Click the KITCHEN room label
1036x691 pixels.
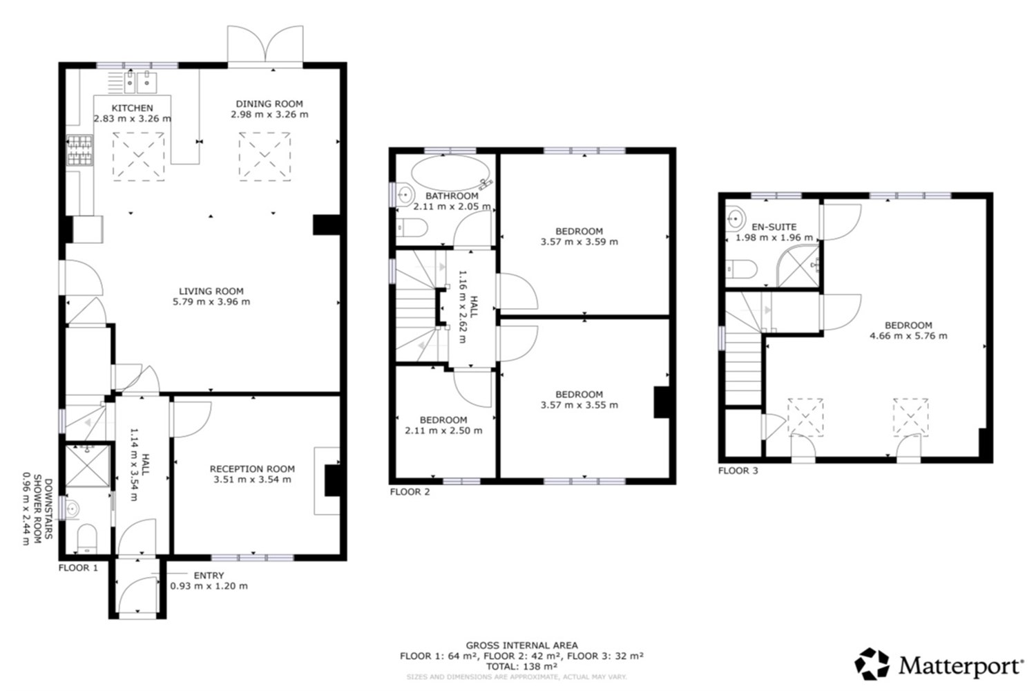pyautogui.click(x=133, y=108)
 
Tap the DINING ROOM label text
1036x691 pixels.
pyautogui.click(x=269, y=104)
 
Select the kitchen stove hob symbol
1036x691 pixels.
pyautogui.click(x=79, y=151)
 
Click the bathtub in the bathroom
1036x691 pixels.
pyautogui.click(x=450, y=173)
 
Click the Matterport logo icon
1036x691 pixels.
pyautogui.click(x=872, y=663)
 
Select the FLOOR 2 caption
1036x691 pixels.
pyautogui.click(x=410, y=492)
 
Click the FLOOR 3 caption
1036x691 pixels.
pyautogui.click(x=738, y=471)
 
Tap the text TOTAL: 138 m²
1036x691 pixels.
pyautogui.click(x=521, y=667)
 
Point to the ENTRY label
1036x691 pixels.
pyautogui.click(x=209, y=576)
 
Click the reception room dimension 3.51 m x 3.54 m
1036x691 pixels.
pyautogui.click(x=253, y=480)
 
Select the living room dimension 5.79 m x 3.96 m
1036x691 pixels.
pyautogui.click(x=211, y=302)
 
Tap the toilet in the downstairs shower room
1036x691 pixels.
pyautogui.click(x=87, y=538)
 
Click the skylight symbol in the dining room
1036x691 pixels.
pyautogui.click(x=265, y=156)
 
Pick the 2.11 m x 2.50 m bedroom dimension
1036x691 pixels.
pyautogui.click(x=443, y=430)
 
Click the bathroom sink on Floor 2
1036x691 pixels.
pyautogui.click(x=405, y=194)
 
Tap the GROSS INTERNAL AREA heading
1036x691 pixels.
pyautogui.click(x=521, y=645)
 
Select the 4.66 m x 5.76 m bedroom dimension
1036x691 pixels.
pyautogui.click(x=908, y=336)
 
